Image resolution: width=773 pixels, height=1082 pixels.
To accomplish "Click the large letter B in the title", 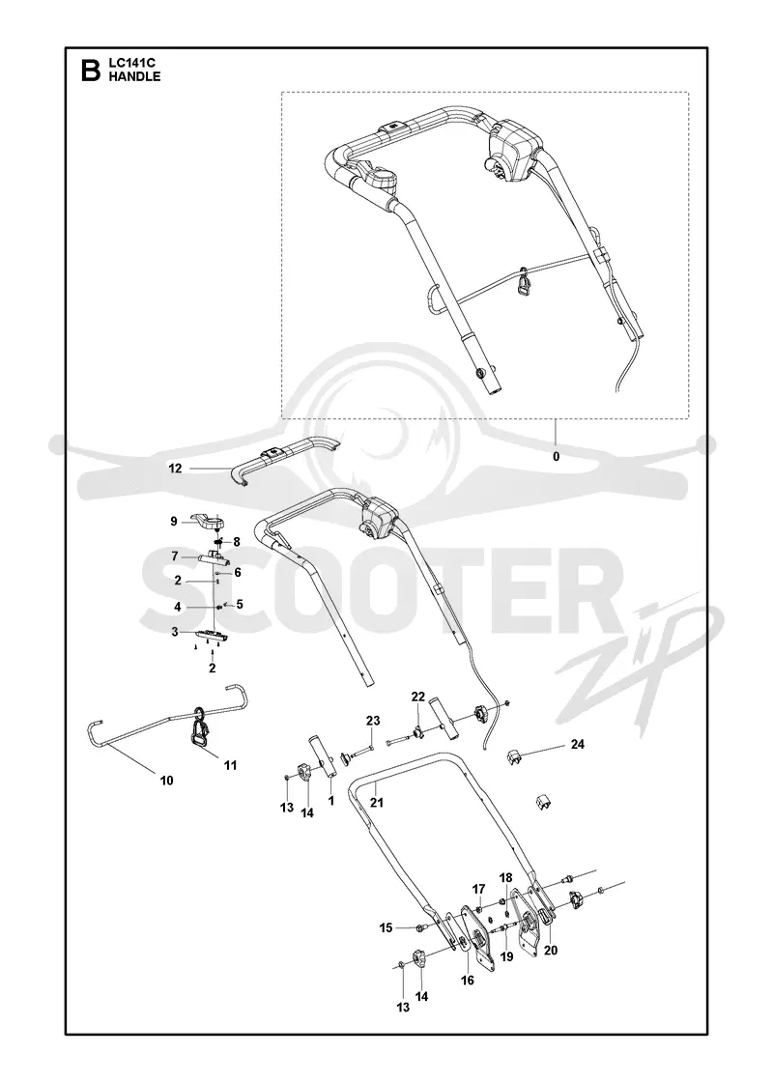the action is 91,71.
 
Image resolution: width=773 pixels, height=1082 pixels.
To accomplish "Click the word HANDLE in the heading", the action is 134,76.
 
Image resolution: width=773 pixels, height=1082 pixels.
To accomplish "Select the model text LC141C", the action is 131,64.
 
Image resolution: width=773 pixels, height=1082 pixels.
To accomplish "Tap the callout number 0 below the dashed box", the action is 557,456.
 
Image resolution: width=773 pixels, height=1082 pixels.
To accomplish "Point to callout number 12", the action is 175,469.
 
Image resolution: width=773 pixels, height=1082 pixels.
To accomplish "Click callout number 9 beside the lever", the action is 174,522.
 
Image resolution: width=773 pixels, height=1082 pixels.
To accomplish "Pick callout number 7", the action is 175,556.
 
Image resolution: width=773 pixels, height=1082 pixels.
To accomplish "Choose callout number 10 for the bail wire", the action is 166,781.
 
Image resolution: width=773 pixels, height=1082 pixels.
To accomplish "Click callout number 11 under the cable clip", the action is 231,765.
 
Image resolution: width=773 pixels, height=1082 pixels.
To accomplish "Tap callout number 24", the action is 578,744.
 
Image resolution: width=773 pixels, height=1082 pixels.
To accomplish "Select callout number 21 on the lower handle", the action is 377,803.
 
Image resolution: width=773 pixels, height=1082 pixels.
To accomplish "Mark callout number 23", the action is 373,721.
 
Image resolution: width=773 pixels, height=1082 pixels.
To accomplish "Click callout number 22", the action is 418,697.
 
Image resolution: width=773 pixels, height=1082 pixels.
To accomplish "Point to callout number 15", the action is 386,928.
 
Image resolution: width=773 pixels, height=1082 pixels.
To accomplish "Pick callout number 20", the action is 550,951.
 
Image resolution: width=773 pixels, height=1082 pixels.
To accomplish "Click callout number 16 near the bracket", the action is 468,980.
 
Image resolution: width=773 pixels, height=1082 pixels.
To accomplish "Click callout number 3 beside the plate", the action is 175,632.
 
